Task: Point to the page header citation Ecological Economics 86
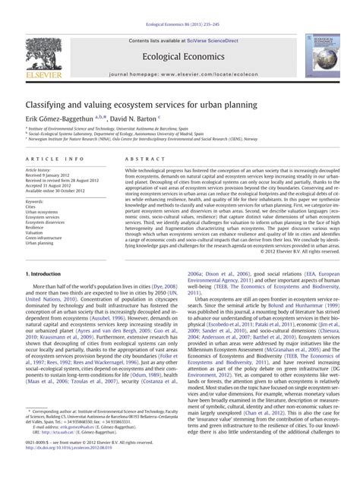pos(180,5)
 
